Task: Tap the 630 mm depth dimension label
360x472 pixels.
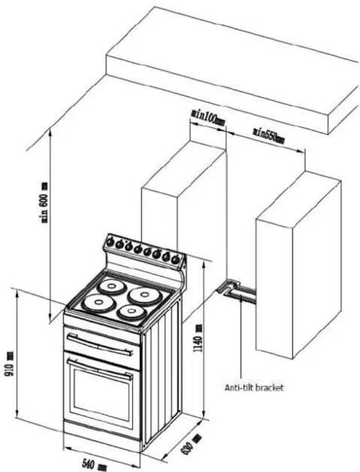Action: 190,443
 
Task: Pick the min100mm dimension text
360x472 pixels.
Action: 208,117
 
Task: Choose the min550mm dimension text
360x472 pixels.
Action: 269,135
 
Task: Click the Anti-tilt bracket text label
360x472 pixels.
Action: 254,388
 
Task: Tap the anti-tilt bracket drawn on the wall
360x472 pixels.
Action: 237,292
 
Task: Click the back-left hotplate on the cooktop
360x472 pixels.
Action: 112,286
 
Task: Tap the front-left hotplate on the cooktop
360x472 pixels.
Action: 99,303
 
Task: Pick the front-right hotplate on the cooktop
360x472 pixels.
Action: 132,312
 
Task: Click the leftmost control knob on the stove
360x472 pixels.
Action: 110,242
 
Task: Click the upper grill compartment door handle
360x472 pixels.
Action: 100,344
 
